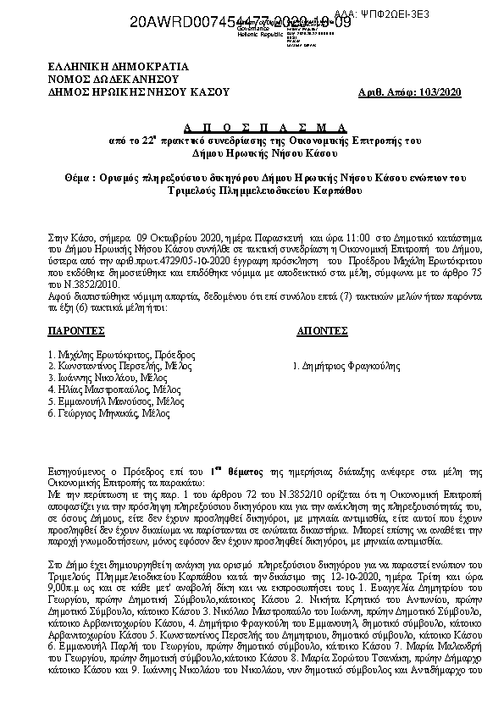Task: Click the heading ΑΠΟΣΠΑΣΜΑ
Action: [253, 125]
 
